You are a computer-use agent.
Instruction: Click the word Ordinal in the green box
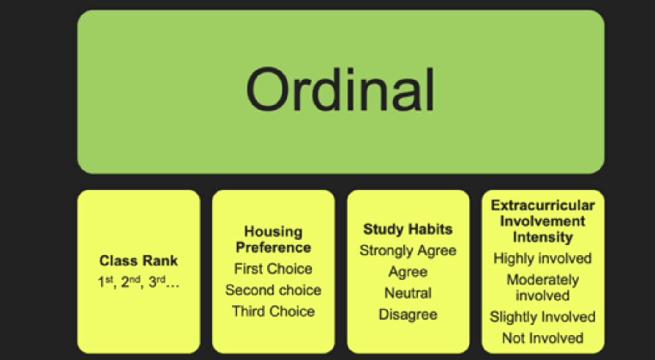340,90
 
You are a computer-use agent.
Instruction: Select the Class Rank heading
139,260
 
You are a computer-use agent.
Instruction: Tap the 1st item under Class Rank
105,282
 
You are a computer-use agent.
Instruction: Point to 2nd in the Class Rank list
131,282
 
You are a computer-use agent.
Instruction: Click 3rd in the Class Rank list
157,282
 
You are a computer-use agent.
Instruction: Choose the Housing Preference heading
273,240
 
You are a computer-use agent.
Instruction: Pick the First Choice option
273,269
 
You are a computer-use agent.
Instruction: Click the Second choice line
273,290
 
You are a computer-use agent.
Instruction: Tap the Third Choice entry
273,311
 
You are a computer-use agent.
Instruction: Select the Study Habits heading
408,229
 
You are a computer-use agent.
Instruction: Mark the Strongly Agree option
408,250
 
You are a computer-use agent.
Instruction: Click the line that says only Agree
408,272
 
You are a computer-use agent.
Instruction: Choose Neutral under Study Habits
408,293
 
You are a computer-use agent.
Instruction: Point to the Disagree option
408,315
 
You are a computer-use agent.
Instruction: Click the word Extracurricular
543,205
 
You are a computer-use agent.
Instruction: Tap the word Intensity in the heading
543,237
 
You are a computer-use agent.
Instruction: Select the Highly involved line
543,258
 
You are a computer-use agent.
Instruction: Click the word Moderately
543,280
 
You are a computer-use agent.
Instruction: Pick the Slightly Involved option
543,317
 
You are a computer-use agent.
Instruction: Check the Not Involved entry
543,338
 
